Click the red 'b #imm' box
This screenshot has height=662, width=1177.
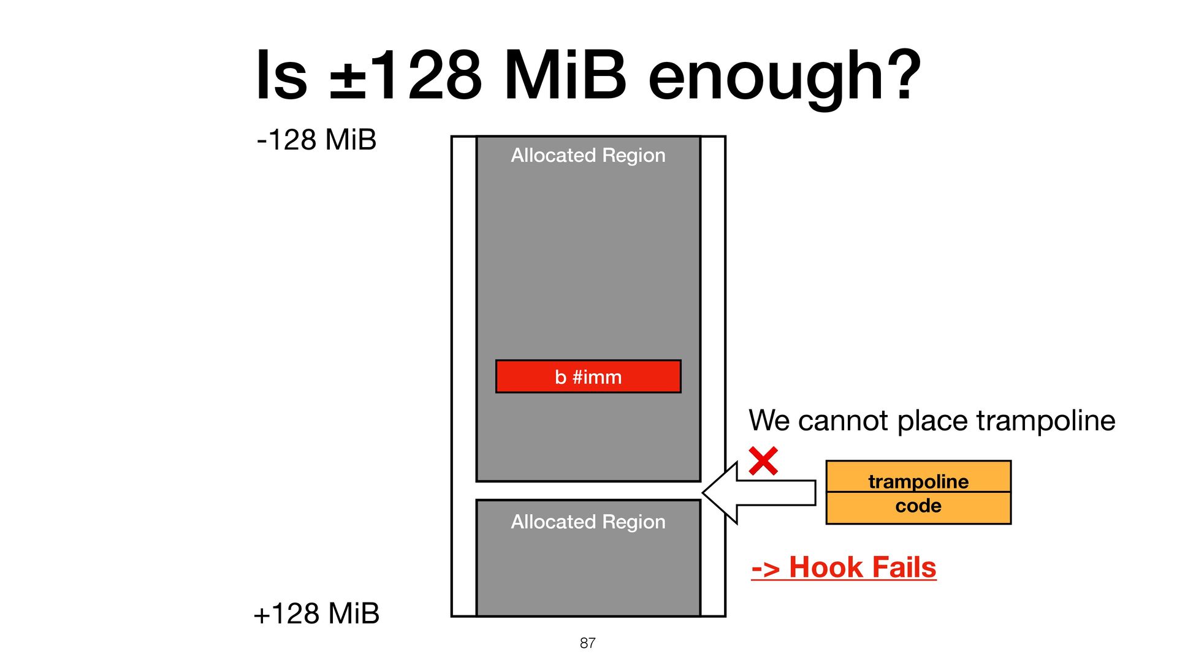(x=588, y=376)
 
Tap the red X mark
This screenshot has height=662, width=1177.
(x=763, y=461)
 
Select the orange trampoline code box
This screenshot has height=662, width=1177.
(x=918, y=492)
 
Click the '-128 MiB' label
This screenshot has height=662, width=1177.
(x=316, y=140)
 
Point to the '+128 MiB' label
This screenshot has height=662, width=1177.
(x=316, y=614)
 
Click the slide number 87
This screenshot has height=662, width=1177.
(x=587, y=643)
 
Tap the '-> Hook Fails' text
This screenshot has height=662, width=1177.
(x=844, y=567)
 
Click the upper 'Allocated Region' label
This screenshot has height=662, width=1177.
(x=588, y=156)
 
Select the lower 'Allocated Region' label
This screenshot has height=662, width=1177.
(x=588, y=522)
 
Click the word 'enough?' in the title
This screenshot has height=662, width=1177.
(x=784, y=77)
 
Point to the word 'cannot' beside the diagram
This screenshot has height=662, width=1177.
(x=843, y=421)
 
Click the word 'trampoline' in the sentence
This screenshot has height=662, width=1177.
(x=1045, y=421)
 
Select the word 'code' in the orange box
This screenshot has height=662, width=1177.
(x=918, y=506)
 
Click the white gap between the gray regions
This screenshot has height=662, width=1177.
(x=588, y=491)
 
